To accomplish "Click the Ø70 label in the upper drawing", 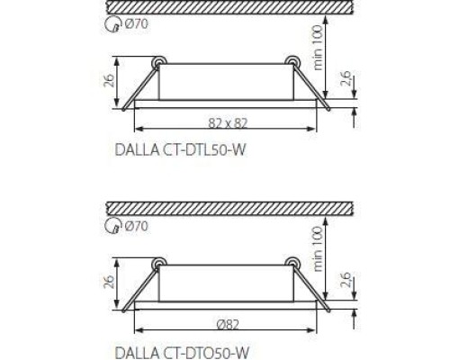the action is coord(136,24).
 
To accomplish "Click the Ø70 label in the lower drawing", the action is coord(136,226).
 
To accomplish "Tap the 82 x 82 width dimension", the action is coord(228,123).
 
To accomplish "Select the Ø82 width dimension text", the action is coord(228,324).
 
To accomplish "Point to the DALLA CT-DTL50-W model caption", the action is coord(180,150).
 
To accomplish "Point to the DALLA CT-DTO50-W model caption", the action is coord(182,352).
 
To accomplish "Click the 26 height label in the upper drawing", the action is coord(109,80).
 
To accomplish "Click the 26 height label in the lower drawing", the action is coord(109,282).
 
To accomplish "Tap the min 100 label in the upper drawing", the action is coord(318,48).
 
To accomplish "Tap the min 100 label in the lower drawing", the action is coord(318,249).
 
